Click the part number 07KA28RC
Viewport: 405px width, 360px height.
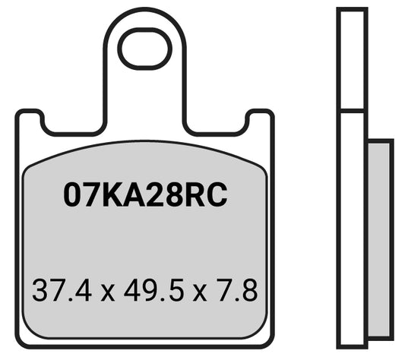pos(145,196)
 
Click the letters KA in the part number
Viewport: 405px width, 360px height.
pos(123,196)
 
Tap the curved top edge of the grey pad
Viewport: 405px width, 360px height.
pos(144,143)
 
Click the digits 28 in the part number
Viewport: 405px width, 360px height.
pos(167,196)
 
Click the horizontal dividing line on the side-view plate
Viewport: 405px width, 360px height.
pos(353,112)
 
